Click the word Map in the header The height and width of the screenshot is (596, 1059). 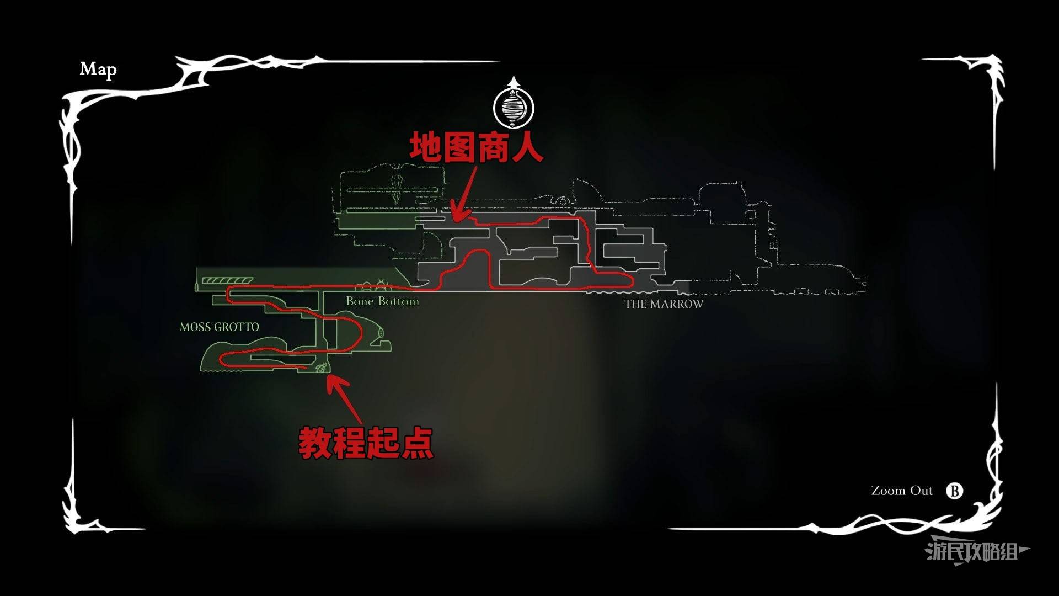click(98, 70)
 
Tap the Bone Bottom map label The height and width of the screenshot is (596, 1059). click(382, 301)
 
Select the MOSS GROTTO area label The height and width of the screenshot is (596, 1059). click(219, 327)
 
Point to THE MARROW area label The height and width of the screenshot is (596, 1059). click(664, 304)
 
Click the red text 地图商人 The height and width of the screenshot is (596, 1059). click(476, 147)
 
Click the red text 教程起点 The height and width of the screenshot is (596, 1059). click(366, 443)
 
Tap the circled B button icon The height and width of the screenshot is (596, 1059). click(954, 491)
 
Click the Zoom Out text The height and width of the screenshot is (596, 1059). click(902, 491)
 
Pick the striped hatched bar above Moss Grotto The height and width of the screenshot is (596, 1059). click(227, 281)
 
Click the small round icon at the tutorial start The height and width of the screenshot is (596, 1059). click(320, 368)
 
